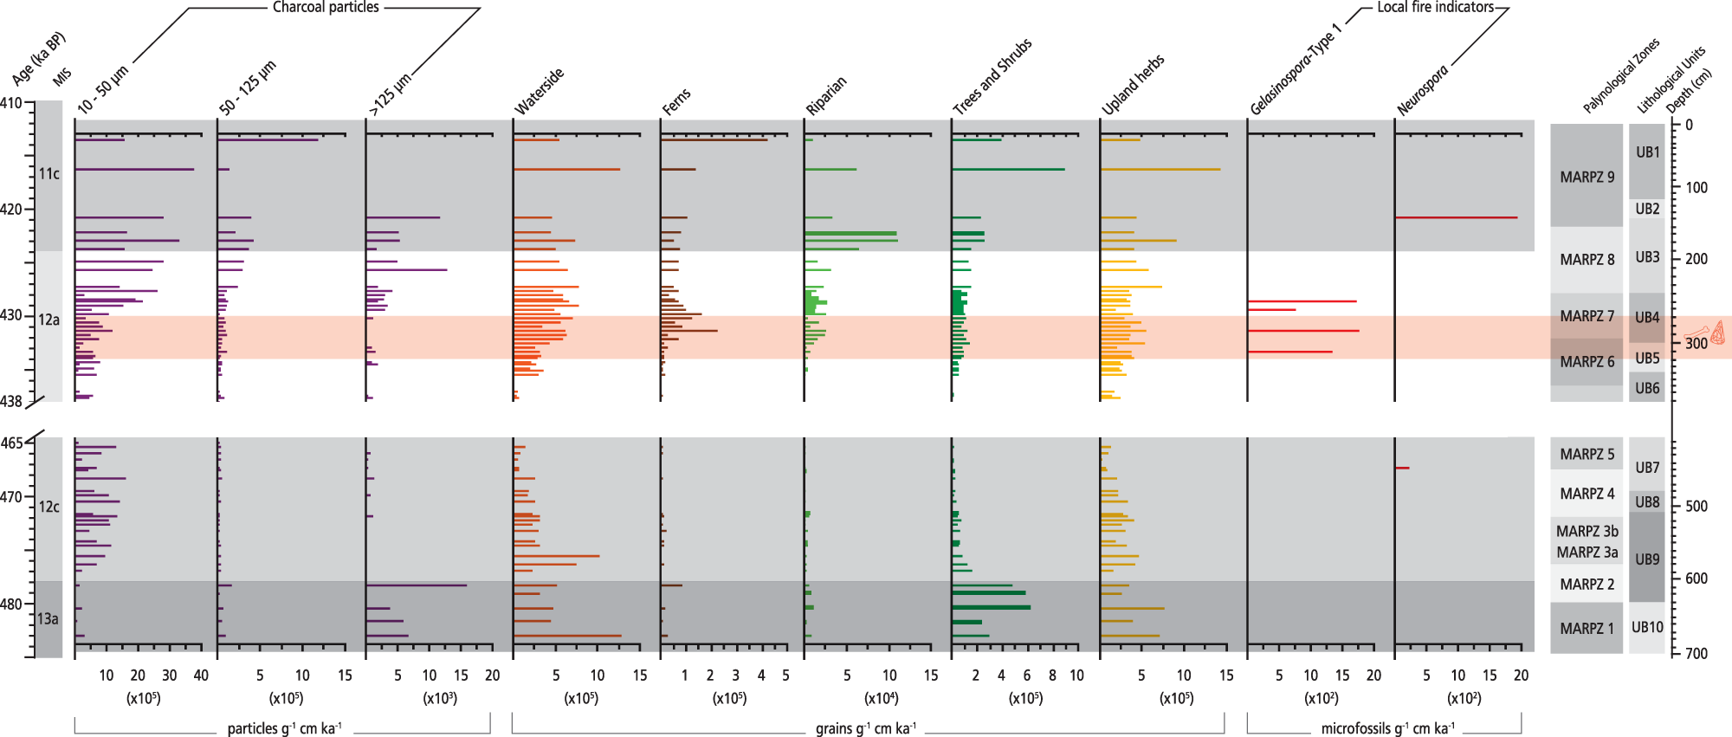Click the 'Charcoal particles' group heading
click(x=326, y=8)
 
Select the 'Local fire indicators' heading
click(x=1435, y=8)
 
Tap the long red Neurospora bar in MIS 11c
click(x=1456, y=217)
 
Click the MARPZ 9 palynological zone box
click(x=1587, y=177)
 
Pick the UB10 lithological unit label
click(x=1646, y=628)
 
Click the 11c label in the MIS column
click(x=49, y=174)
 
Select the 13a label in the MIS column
click(x=48, y=619)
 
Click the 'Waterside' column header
click(x=539, y=91)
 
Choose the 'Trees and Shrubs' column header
click(x=992, y=77)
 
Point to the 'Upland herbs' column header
click(x=1132, y=85)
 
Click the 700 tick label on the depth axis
click(x=1696, y=654)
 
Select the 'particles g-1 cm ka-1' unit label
click(x=284, y=728)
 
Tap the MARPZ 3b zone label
click(x=1587, y=532)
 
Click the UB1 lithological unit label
click(x=1647, y=152)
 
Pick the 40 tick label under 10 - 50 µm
click(x=201, y=676)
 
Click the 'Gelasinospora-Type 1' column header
click(x=1295, y=70)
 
